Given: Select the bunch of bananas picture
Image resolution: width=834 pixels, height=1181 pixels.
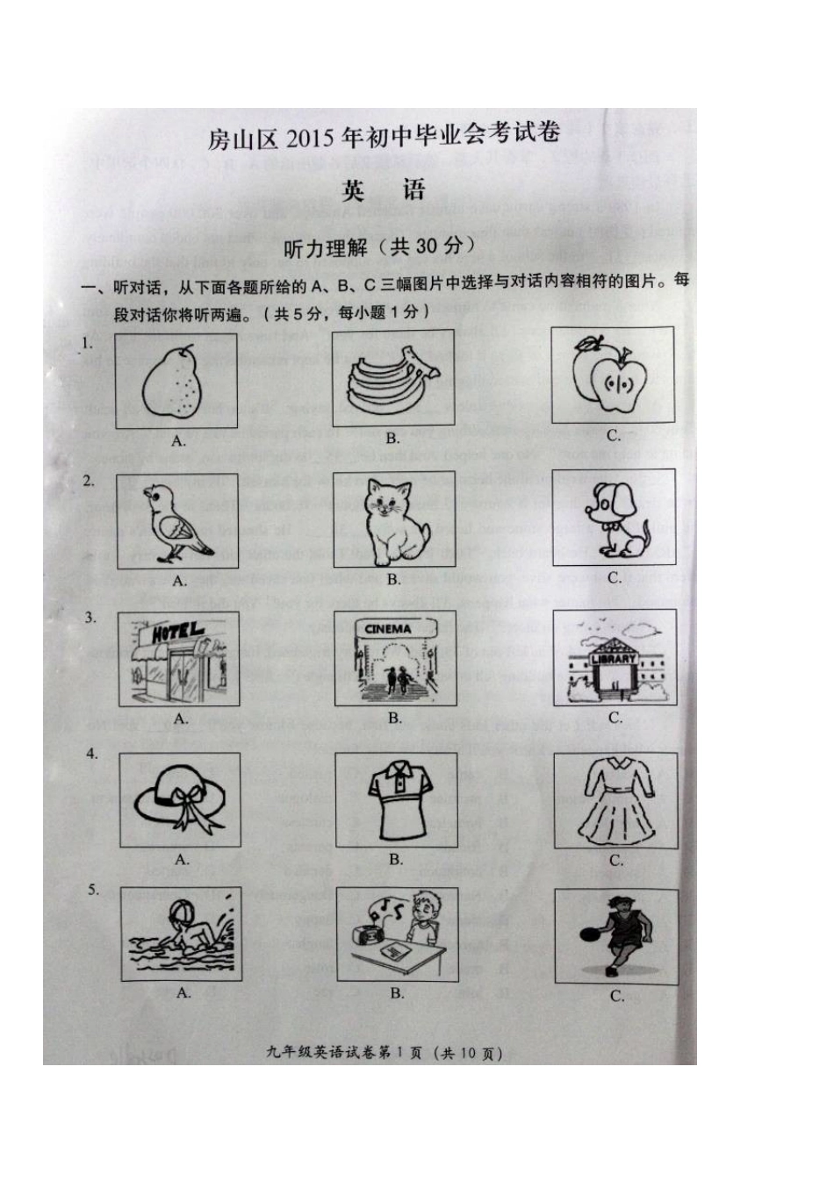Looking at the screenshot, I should [392, 379].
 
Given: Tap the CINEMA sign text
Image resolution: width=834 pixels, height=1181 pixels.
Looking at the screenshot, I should [388, 629].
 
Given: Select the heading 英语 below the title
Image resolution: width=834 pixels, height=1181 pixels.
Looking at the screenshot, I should [384, 190].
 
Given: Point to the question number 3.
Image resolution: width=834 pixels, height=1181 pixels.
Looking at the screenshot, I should [90, 618].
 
